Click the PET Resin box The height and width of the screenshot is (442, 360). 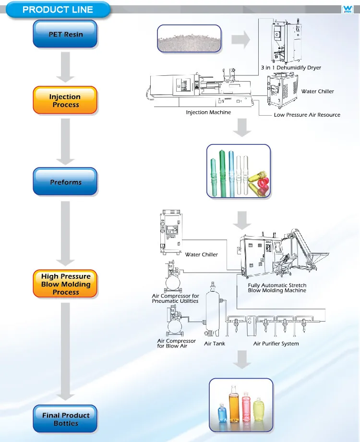[65, 34]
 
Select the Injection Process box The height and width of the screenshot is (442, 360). [65, 100]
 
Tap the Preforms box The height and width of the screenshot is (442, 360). [65, 182]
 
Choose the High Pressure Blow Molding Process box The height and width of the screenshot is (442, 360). [65, 284]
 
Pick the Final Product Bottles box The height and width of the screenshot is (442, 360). [65, 419]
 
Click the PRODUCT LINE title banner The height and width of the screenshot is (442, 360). [58, 10]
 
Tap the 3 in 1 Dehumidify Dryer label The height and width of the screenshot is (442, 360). [290, 68]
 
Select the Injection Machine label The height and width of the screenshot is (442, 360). [208, 112]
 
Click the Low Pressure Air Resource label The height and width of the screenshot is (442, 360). [307, 115]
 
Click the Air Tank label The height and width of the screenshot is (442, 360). [215, 344]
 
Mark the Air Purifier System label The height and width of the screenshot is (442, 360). [276, 344]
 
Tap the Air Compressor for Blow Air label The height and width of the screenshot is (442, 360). [176, 343]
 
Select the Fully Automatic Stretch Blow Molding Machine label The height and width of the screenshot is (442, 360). [277, 288]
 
